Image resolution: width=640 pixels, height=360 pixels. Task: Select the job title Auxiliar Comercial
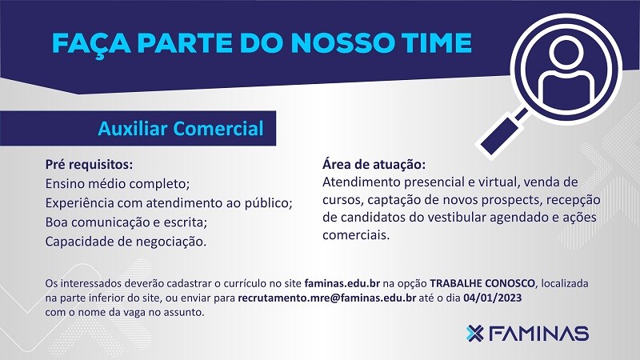tap(181, 129)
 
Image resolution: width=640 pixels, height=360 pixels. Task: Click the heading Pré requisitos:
tap(89, 165)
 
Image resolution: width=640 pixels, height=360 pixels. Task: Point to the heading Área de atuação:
tap(374, 165)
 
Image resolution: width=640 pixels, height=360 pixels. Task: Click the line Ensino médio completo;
tap(118, 184)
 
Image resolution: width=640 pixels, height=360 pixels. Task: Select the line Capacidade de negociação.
tap(126, 242)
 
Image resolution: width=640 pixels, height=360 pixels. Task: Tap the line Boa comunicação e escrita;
tap(126, 222)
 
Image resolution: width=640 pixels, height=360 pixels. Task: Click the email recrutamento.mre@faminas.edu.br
tap(327, 298)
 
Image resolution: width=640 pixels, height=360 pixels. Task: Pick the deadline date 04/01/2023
tap(493, 298)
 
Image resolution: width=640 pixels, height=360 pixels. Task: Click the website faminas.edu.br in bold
tap(342, 283)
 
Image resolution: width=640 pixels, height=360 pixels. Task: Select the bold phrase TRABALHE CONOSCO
tap(482, 283)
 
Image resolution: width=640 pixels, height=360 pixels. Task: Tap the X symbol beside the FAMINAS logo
tap(474, 334)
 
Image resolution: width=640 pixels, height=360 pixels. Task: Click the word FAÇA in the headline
tap(91, 44)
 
